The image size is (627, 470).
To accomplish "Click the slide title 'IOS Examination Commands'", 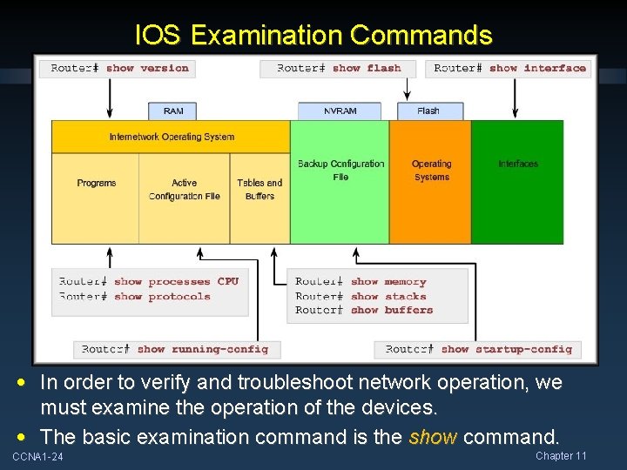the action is click(x=313, y=35).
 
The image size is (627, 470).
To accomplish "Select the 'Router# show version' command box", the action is click(x=120, y=68).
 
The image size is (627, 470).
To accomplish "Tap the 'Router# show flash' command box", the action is click(x=339, y=68).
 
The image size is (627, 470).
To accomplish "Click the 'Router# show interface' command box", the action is click(x=509, y=68).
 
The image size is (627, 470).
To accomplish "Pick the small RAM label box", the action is click(x=173, y=111).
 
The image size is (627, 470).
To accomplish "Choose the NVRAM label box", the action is click(x=340, y=111).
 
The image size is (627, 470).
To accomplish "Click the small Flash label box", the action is click(x=428, y=111).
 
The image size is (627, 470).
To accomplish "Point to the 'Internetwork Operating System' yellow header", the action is click(x=172, y=137).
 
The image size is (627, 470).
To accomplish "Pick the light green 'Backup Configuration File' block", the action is click(x=340, y=181).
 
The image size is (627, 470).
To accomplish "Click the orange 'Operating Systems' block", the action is click(x=431, y=181).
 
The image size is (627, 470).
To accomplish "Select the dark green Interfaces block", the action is click(x=517, y=181).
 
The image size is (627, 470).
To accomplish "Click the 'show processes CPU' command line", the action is click(x=149, y=282).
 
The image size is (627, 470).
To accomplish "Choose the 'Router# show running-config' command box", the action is click(x=175, y=349).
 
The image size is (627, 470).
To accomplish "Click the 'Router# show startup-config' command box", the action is click(x=479, y=349).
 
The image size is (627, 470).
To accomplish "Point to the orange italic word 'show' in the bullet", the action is click(x=432, y=436).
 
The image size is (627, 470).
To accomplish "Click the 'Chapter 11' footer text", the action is click(x=561, y=456).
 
